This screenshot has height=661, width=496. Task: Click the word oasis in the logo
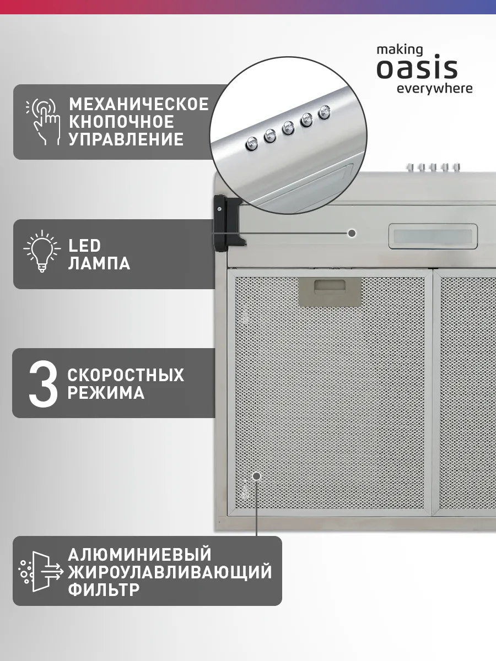click(417, 68)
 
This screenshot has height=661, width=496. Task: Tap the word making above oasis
click(400, 50)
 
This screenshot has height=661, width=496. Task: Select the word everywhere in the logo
click(435, 89)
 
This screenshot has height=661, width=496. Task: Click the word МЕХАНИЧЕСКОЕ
click(139, 104)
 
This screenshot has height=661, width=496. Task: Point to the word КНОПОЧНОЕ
click(121, 122)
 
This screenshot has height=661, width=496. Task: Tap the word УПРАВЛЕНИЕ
click(126, 139)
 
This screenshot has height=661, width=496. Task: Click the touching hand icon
click(44, 121)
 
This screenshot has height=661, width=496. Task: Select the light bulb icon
click(42, 251)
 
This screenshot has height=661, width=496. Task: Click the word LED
click(84, 246)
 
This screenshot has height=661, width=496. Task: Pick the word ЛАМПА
click(99, 263)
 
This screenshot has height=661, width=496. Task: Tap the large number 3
click(43, 383)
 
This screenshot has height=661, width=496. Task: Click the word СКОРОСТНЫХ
click(126, 375)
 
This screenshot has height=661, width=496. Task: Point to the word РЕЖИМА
click(106, 393)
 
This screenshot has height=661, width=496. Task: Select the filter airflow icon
click(41, 572)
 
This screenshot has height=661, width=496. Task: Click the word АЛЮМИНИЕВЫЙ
click(140, 555)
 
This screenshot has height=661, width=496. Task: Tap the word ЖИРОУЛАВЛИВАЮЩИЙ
click(170, 572)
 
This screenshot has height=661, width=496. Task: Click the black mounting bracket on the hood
click(229, 220)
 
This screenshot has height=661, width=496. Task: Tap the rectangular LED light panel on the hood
click(433, 236)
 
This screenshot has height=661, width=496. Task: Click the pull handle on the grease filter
click(330, 291)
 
